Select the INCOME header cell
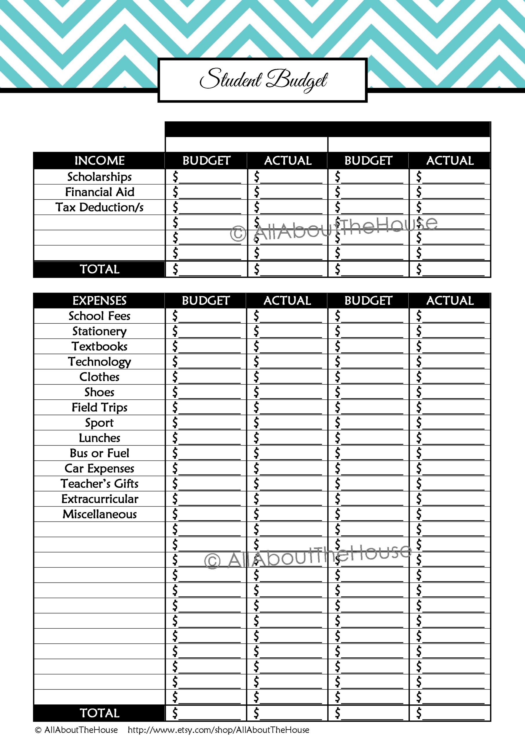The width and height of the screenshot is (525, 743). click(x=99, y=160)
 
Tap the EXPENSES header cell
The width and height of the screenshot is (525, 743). click(x=99, y=301)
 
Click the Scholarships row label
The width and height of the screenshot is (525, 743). click(x=99, y=177)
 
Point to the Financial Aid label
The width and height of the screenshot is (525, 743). click(x=99, y=192)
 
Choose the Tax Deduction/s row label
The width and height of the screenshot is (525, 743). click(x=99, y=207)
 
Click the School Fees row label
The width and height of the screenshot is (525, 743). click(x=99, y=316)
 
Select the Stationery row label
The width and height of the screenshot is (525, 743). click(x=99, y=331)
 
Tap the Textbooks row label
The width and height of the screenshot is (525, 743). click(x=99, y=346)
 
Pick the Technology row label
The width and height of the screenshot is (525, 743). click(x=99, y=361)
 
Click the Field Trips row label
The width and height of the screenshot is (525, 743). click(x=99, y=407)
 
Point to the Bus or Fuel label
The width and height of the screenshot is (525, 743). click(x=99, y=453)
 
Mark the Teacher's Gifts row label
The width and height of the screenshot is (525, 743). click(x=99, y=484)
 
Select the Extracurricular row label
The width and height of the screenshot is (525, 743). click(x=99, y=499)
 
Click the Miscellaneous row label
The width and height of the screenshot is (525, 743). click(x=99, y=514)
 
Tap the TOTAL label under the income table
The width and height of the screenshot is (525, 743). click(x=99, y=269)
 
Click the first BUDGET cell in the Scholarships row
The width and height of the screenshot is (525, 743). click(x=207, y=177)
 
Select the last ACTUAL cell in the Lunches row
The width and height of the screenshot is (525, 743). click(x=450, y=438)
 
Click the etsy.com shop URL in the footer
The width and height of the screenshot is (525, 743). click(x=218, y=730)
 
